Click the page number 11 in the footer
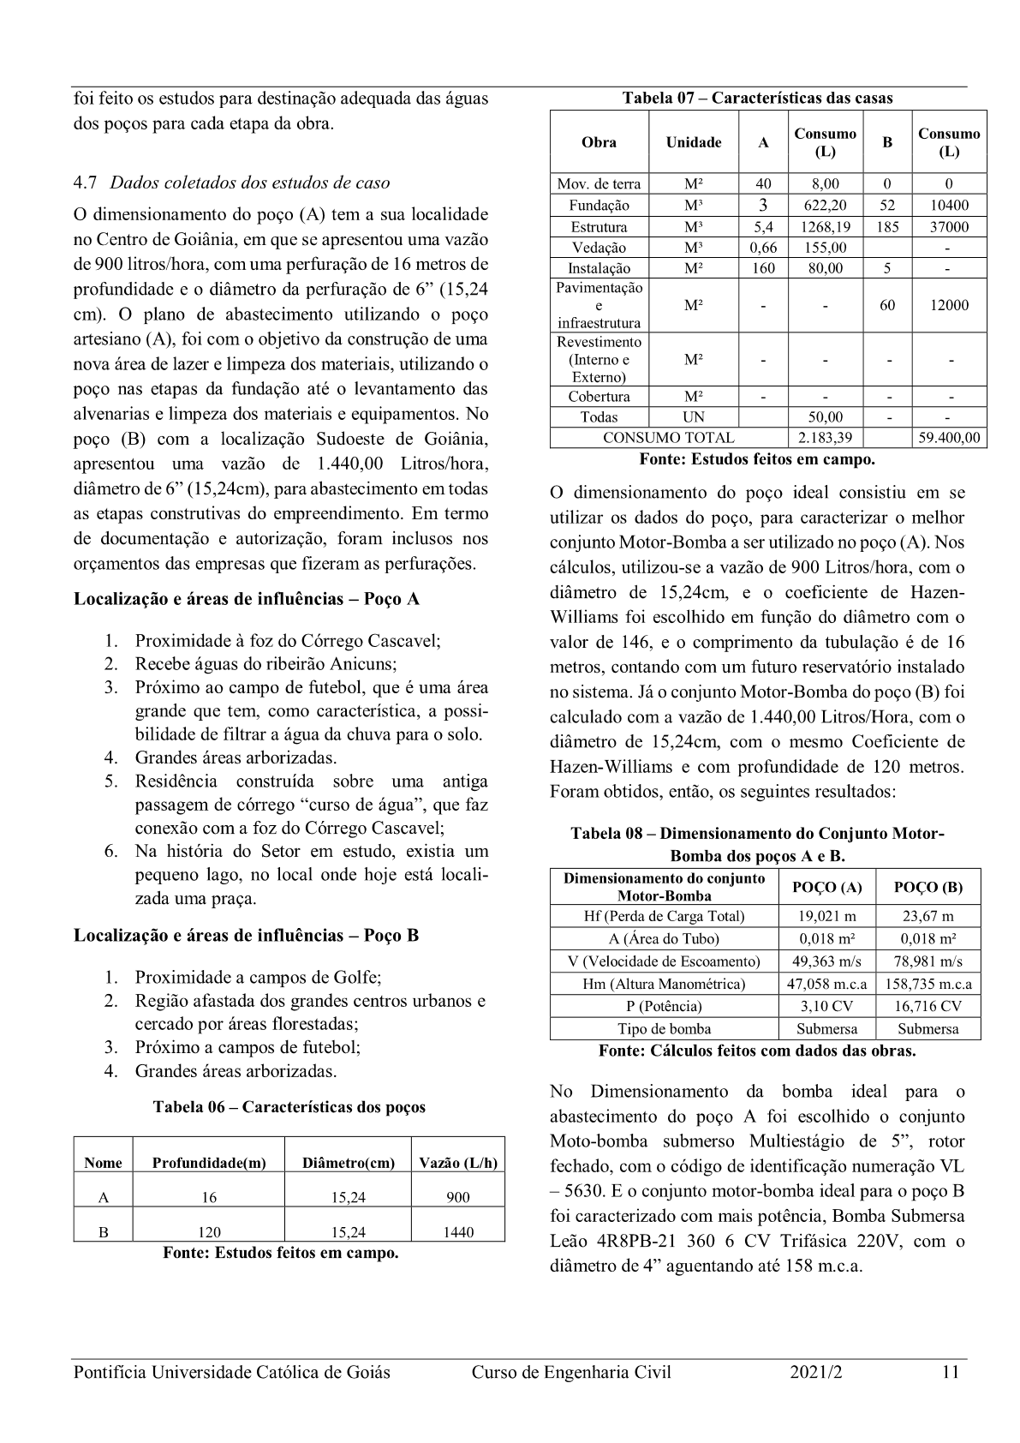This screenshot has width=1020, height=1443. coord(949,1372)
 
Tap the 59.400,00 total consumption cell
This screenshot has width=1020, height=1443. coord(949,438)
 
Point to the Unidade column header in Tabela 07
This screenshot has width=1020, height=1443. coord(694,142)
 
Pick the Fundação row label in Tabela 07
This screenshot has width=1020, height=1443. coord(599,206)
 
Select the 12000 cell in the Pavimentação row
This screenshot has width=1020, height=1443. coord(949,305)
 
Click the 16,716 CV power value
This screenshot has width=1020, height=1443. coord(929,1006)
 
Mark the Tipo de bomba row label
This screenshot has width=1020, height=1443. coord(664,1028)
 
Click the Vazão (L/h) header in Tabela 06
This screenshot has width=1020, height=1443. coord(458,1163)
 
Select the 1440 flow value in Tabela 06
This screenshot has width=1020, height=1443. coord(458,1232)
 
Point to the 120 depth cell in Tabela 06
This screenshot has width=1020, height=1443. coord(209,1232)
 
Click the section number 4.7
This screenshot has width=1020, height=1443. coord(86,183)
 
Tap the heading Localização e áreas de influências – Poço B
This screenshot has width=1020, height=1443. coord(247,935)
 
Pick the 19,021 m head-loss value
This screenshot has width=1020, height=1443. coord(826,916)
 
